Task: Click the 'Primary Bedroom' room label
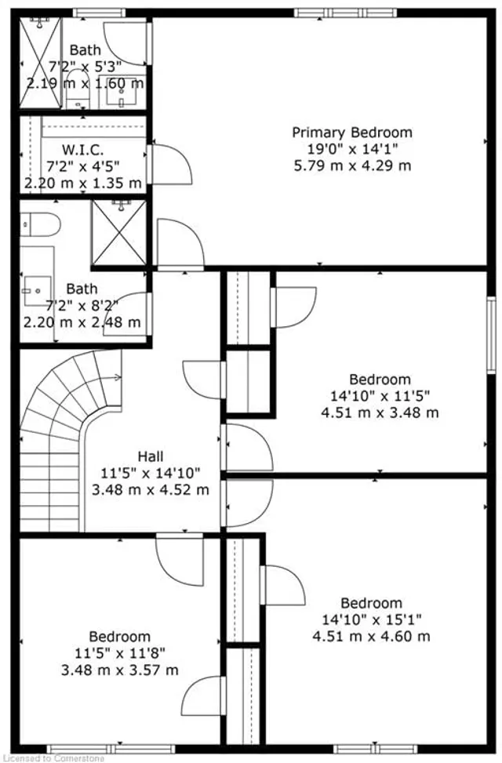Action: pos(351,133)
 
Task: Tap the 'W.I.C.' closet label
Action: pos(82,148)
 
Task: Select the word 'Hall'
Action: pos(151,456)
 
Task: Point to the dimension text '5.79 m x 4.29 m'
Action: pos(351,165)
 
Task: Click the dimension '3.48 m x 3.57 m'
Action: pos(119,670)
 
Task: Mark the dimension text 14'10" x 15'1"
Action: pos(371,619)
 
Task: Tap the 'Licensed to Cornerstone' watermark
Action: pos(49,758)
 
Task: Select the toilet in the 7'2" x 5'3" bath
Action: pos(77,93)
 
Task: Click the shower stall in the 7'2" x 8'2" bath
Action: pos(118,233)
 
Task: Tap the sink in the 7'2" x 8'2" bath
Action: pos(35,290)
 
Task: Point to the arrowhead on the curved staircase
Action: pos(118,377)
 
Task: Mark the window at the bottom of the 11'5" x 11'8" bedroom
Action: pos(100,749)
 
